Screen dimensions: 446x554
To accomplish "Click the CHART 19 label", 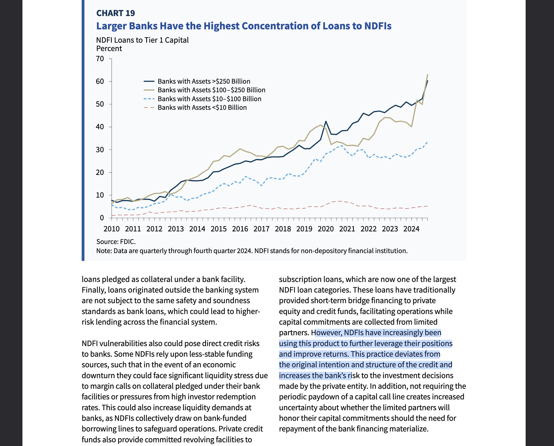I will [115, 13].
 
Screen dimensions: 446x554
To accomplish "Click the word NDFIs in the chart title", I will [377, 26].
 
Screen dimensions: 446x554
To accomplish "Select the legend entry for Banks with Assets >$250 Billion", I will [203, 81].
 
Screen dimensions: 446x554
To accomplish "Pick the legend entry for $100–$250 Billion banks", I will [211, 90].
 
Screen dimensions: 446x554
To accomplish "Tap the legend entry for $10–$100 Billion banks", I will [209, 99].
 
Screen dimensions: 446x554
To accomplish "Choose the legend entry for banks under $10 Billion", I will [202, 108].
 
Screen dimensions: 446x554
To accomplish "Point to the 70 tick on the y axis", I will [100, 59].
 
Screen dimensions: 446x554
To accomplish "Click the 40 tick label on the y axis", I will [100, 127].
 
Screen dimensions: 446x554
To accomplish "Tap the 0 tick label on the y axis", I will [102, 218].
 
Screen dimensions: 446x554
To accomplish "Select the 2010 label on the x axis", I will [111, 229].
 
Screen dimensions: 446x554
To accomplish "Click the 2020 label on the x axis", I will [326, 229].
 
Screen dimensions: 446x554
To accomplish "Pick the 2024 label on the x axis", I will [411, 229].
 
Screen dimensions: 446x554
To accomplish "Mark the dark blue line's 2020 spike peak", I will [326, 121].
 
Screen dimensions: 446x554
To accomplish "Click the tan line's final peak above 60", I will [427, 75].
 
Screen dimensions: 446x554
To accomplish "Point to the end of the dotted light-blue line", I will [427, 142].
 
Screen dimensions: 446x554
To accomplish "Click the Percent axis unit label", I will [109, 49].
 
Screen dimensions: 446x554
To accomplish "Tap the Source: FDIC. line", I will [116, 242].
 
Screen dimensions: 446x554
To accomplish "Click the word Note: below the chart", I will [104, 251].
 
